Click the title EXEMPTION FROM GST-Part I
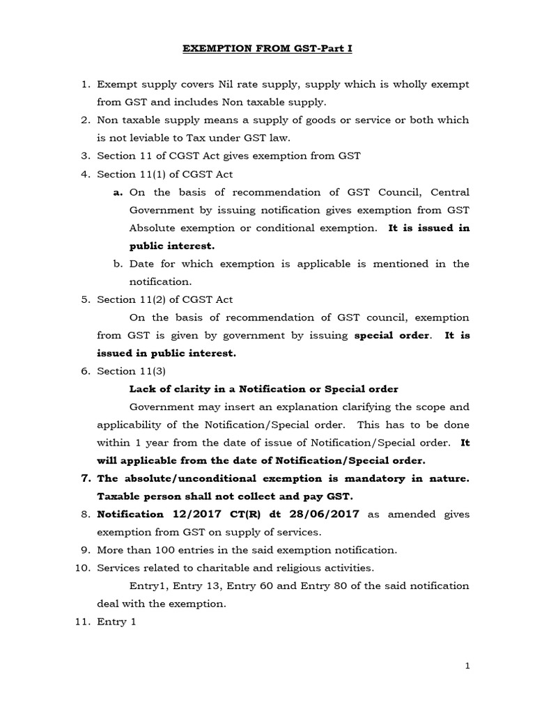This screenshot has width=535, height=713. tap(267, 49)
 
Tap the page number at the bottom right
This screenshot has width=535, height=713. tap(468, 666)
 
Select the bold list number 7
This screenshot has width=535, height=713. tap(86, 479)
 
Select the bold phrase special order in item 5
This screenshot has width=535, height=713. tap(392, 336)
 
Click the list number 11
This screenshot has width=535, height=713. tap(83, 622)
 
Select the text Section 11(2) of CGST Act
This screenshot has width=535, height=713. tap(165, 299)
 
